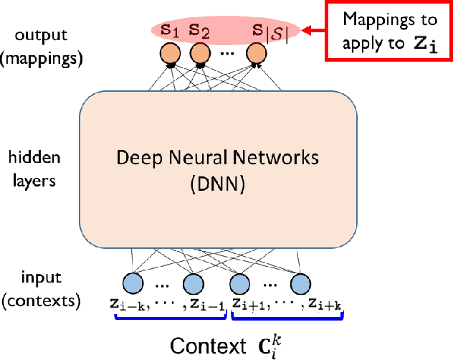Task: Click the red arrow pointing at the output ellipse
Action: (x=313, y=30)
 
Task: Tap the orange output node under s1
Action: (x=170, y=54)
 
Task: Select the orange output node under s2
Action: (x=199, y=54)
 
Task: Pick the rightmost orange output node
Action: (x=254, y=54)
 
